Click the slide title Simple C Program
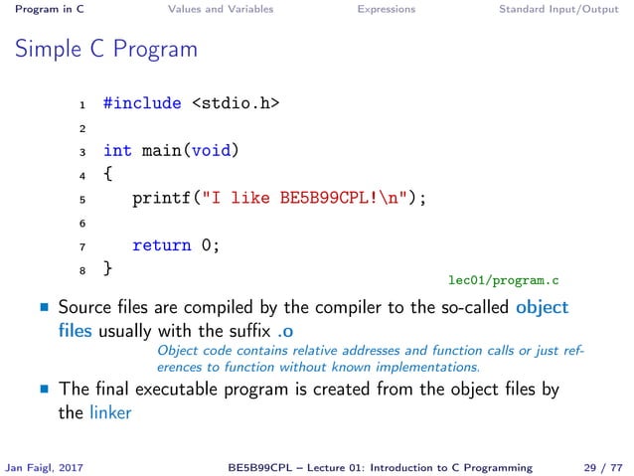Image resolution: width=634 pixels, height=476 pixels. (106, 49)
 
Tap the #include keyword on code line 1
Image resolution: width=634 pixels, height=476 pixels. (142, 102)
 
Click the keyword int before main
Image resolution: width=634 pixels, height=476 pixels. (117, 151)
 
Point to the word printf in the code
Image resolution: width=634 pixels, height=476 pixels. (161, 198)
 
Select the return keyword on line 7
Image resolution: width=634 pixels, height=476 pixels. (161, 244)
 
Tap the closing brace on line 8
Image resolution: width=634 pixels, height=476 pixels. (107, 268)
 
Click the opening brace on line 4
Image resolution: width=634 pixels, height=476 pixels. (107, 174)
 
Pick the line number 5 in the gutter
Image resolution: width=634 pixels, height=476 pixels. (83, 199)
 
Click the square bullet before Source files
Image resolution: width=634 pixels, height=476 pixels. (44, 308)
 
